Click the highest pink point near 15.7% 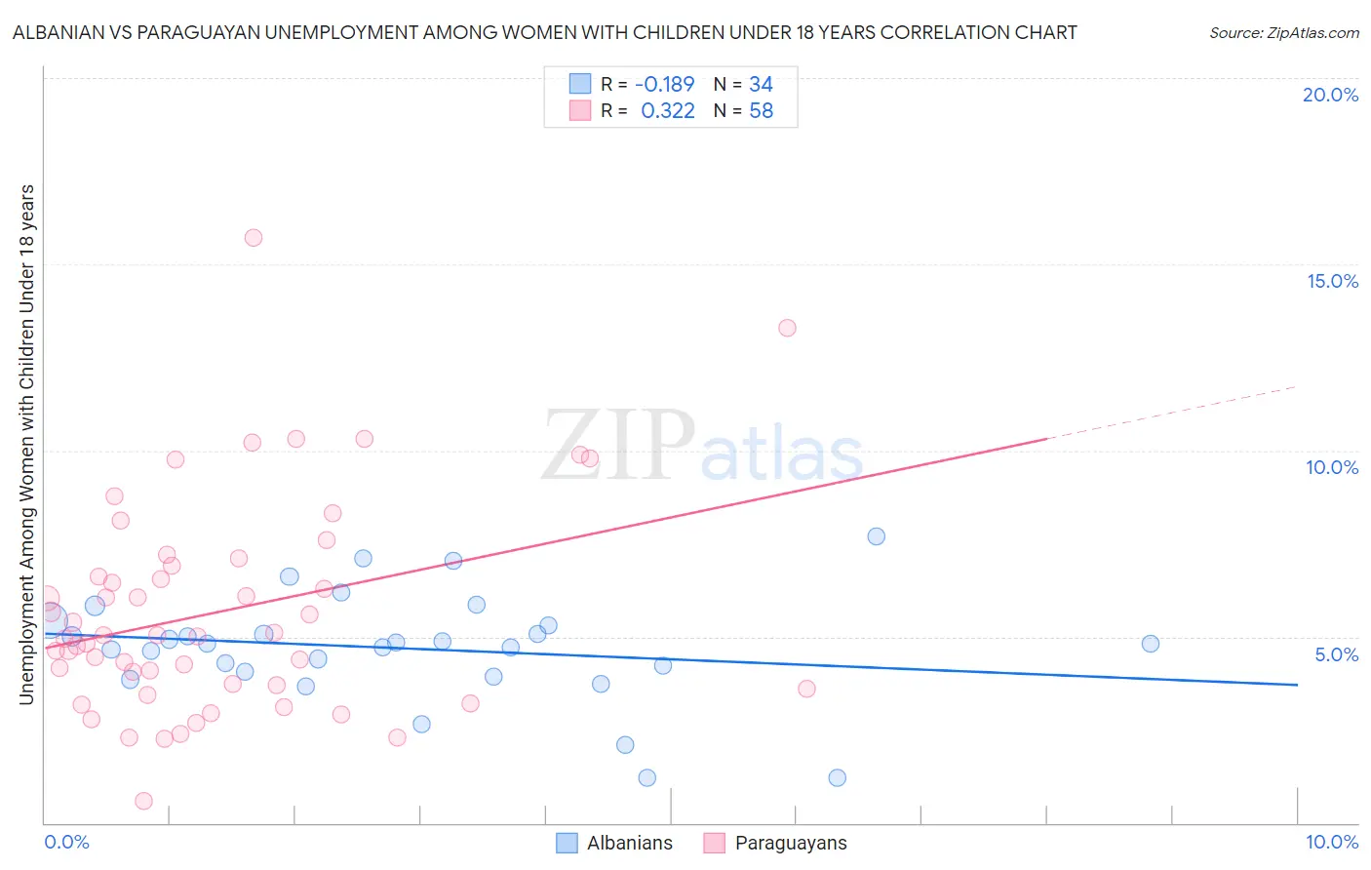pos(254,237)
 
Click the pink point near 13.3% pos(787,328)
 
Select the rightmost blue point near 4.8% pos(1151,644)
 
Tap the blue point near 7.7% pos(876,536)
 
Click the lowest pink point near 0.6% pos(143,801)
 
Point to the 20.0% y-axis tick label pos(1330,95)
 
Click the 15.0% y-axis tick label pos(1332,281)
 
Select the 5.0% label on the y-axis pos(1336,654)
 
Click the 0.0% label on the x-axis pos(66,842)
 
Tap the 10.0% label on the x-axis pos(1331,842)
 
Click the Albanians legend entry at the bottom pos(629,843)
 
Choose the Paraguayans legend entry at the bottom pos(790,843)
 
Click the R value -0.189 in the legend pos(664,85)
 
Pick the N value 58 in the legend pos(761,111)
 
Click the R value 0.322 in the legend pos(667,111)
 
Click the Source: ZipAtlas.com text pos(1283,33)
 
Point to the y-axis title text pos(26,444)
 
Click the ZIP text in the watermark pos(618,446)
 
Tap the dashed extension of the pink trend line pos(1170,414)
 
